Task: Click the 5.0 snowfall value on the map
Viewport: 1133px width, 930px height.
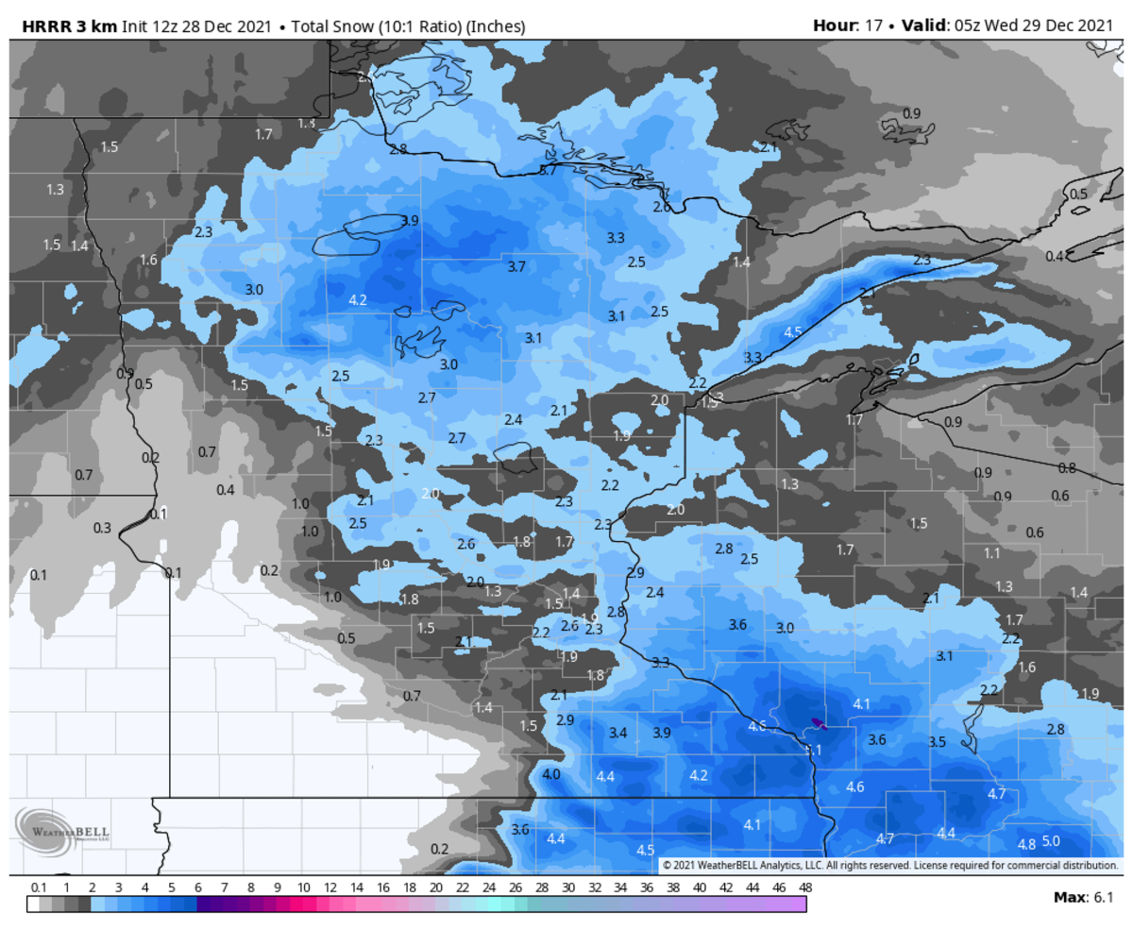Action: point(1051,841)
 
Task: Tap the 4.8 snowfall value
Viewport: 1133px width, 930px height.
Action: point(1027,843)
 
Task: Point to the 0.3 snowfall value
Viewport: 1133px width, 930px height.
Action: point(102,528)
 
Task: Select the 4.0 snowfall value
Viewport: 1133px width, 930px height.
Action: point(551,774)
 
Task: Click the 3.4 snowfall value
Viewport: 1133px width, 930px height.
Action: point(618,733)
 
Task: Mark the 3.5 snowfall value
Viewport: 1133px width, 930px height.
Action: point(937,742)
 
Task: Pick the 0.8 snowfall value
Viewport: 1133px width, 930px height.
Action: point(1067,468)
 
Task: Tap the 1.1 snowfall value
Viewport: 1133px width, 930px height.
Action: point(992,553)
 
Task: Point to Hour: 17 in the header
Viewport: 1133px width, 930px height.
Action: point(847,25)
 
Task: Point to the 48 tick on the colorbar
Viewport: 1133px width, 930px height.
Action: point(805,888)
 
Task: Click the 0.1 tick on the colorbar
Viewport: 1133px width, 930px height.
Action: point(39,888)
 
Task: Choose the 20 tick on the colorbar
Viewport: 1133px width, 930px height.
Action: point(435,888)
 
